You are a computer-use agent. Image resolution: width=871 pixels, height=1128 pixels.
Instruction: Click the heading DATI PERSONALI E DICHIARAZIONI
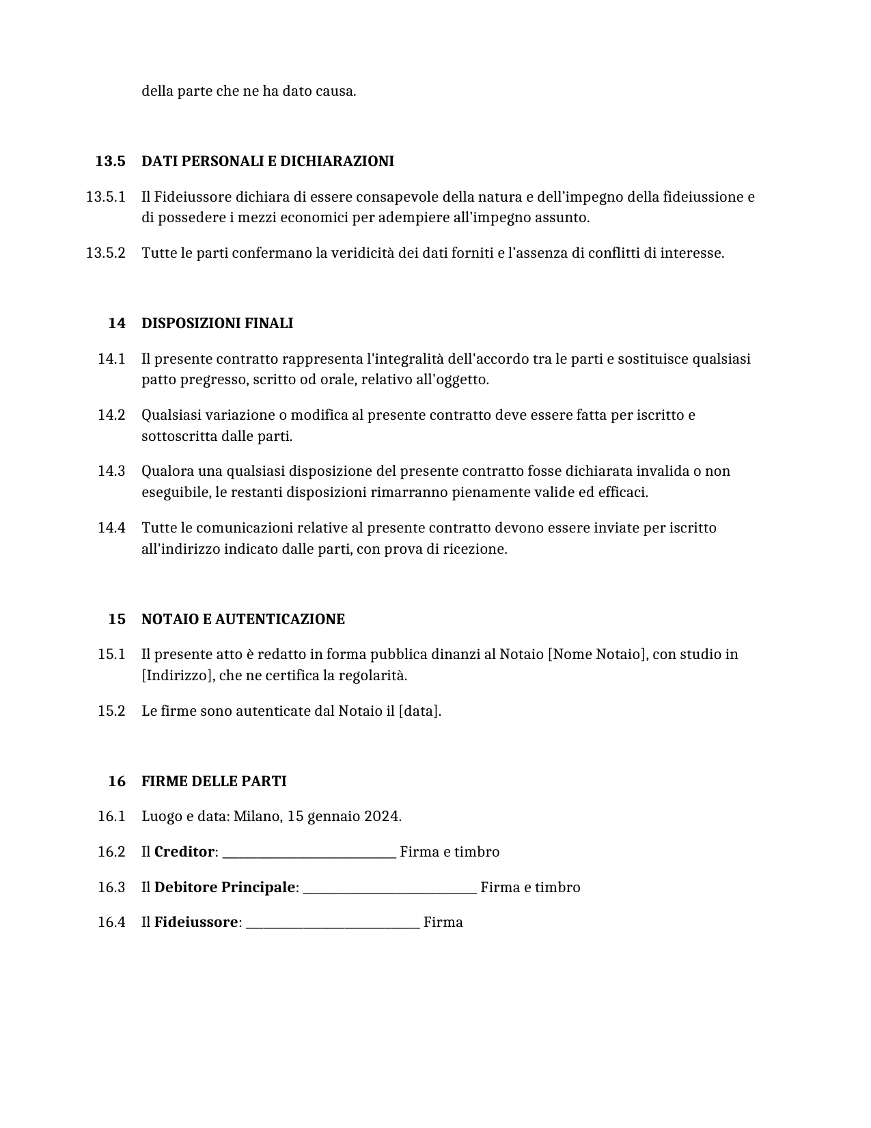point(267,161)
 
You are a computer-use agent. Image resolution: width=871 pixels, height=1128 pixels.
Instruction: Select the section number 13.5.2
point(105,253)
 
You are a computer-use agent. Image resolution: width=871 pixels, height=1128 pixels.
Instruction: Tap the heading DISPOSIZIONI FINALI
point(217,323)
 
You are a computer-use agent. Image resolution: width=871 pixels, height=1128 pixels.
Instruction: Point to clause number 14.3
point(111,471)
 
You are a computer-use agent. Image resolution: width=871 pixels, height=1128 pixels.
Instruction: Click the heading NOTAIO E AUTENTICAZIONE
point(243,619)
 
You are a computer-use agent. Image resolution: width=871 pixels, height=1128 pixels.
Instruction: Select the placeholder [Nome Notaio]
point(597,654)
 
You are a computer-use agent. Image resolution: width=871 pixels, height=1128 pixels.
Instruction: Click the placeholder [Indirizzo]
point(176,675)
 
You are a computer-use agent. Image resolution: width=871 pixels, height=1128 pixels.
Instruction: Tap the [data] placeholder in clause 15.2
point(419,711)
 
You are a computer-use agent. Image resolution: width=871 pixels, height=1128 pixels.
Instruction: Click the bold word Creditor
point(184,852)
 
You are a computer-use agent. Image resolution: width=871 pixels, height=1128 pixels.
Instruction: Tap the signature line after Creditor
point(309,854)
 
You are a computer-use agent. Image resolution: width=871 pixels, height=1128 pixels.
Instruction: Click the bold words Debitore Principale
point(225,887)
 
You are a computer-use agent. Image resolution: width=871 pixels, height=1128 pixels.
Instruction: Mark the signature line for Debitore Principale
point(389,889)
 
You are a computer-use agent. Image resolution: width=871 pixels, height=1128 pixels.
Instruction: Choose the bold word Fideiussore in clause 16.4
point(196,922)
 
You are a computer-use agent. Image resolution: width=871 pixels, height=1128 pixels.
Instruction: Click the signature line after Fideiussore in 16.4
point(333,924)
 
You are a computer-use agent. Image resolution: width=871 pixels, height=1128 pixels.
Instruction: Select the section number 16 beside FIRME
point(117,781)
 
